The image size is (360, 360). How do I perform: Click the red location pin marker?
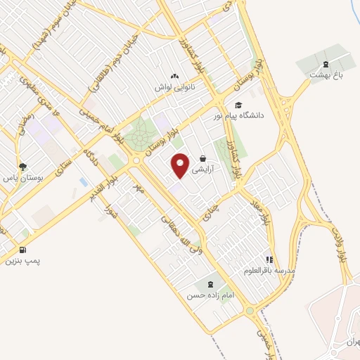[x=181, y=165]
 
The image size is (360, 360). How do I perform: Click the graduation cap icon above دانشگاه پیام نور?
[x=238, y=105]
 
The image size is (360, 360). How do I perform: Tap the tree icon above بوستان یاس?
[x=23, y=167]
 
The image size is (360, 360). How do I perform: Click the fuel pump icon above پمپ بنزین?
[x=23, y=249]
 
